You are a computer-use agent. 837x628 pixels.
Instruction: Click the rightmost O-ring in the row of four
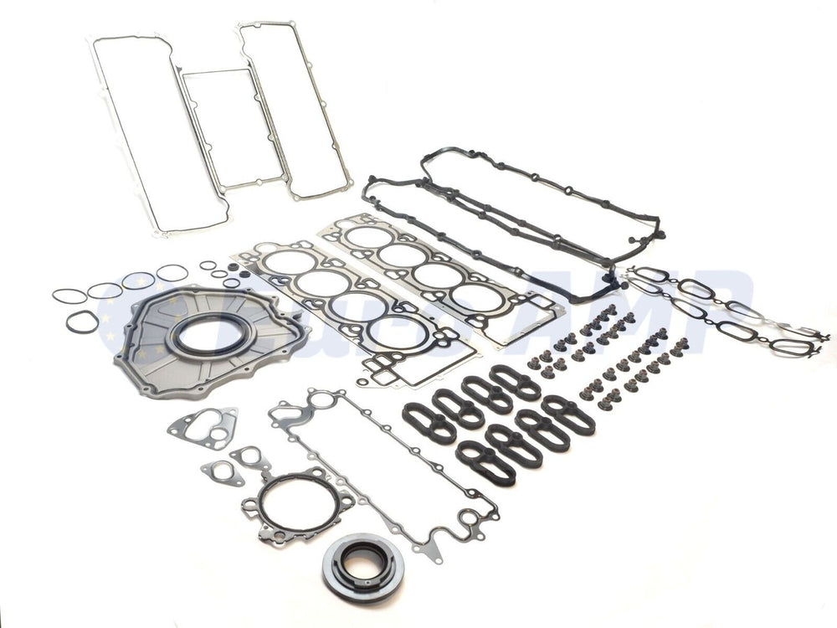172,273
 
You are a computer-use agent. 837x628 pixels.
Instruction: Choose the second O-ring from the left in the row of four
105,291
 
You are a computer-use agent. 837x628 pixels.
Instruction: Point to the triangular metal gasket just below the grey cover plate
202,428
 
